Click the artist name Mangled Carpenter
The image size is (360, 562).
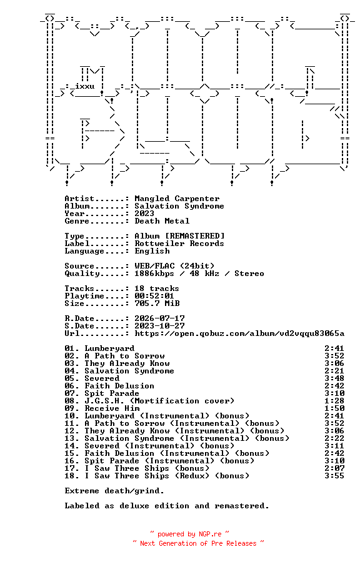[177, 199]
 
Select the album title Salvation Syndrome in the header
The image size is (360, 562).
[179, 206]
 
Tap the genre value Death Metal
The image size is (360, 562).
[162, 221]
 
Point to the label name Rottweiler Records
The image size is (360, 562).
[179, 244]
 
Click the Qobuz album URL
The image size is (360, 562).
[239, 333]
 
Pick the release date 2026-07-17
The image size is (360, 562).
[159, 318]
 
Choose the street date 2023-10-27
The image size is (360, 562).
[159, 326]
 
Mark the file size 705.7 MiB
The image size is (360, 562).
[157, 303]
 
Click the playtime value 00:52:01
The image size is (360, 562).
[154, 296]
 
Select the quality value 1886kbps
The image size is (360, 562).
[154, 274]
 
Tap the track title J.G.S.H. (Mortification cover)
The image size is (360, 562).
[159, 401]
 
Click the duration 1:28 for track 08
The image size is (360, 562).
[334, 401]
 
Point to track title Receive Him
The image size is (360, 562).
[112, 408]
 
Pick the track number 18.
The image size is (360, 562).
[72, 476]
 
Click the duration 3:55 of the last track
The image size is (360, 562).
[334, 476]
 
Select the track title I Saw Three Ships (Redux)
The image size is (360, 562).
[147, 476]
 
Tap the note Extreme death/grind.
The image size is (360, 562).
[114, 491]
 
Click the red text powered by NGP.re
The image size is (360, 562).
[189, 535]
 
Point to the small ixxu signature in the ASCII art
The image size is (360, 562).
[85, 86]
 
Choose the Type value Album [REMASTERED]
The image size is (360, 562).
[179, 236]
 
